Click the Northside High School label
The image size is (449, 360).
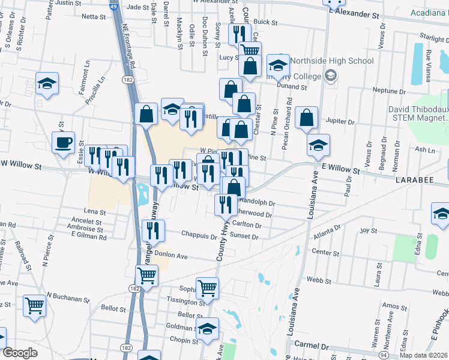pos(331,61)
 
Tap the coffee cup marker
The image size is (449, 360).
pos(63,143)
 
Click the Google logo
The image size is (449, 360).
pos(20,353)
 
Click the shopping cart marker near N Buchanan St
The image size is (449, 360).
pos(34,305)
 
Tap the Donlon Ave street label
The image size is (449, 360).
pos(171,256)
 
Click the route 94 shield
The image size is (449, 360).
pos(383,355)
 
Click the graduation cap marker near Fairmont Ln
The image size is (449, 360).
pos(47,84)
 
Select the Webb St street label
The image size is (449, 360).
pos(321,279)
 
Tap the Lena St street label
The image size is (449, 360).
pos(94,212)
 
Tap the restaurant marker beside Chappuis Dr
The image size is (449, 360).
pos(153,231)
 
